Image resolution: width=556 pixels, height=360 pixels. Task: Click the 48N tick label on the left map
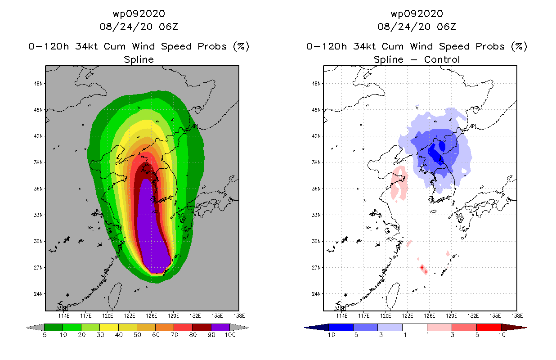tap(38, 83)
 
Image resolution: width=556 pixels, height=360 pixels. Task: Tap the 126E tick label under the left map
tap(152, 316)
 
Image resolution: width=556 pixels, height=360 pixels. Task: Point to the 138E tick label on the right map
tap(517, 316)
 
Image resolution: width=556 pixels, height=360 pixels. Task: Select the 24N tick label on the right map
tap(316, 294)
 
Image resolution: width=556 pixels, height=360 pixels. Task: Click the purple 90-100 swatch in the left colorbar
tap(220, 327)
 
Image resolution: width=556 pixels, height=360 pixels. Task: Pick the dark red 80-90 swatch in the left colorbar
tap(202, 327)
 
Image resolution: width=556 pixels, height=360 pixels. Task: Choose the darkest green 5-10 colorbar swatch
tap(54, 327)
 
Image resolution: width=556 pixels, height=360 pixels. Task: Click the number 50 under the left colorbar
tap(137, 335)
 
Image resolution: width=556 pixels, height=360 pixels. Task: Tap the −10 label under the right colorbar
tap(329, 335)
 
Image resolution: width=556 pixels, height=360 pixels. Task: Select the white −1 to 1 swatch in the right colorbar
tap(415, 327)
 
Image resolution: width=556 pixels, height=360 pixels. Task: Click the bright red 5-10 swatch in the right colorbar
tap(489, 327)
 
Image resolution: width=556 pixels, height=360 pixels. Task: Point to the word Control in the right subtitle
tap(442, 59)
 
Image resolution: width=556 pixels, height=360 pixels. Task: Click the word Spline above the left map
tap(139, 60)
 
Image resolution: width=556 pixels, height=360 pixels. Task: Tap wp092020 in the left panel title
tap(139, 14)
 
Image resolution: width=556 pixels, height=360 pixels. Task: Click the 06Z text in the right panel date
tap(446, 27)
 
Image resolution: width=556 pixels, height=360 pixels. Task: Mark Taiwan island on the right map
tap(392, 297)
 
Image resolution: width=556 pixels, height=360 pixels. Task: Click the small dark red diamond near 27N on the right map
tap(422, 267)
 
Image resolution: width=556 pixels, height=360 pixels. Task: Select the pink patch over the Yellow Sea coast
tap(399, 183)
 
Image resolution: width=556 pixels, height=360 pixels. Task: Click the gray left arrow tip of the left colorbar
tap(27, 328)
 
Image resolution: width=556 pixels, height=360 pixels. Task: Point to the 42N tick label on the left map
tap(38, 136)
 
